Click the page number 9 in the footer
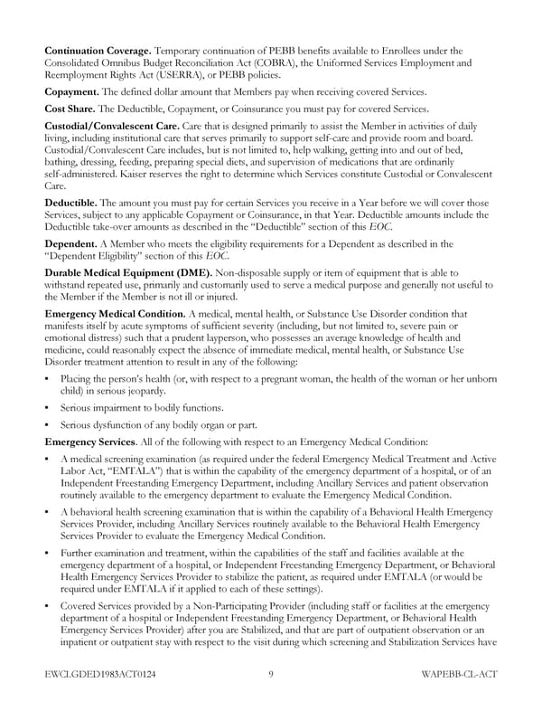coord(271,674)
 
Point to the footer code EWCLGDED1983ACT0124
coord(101,674)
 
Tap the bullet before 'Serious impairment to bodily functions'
coord(47,408)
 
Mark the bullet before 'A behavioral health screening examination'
coord(47,513)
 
